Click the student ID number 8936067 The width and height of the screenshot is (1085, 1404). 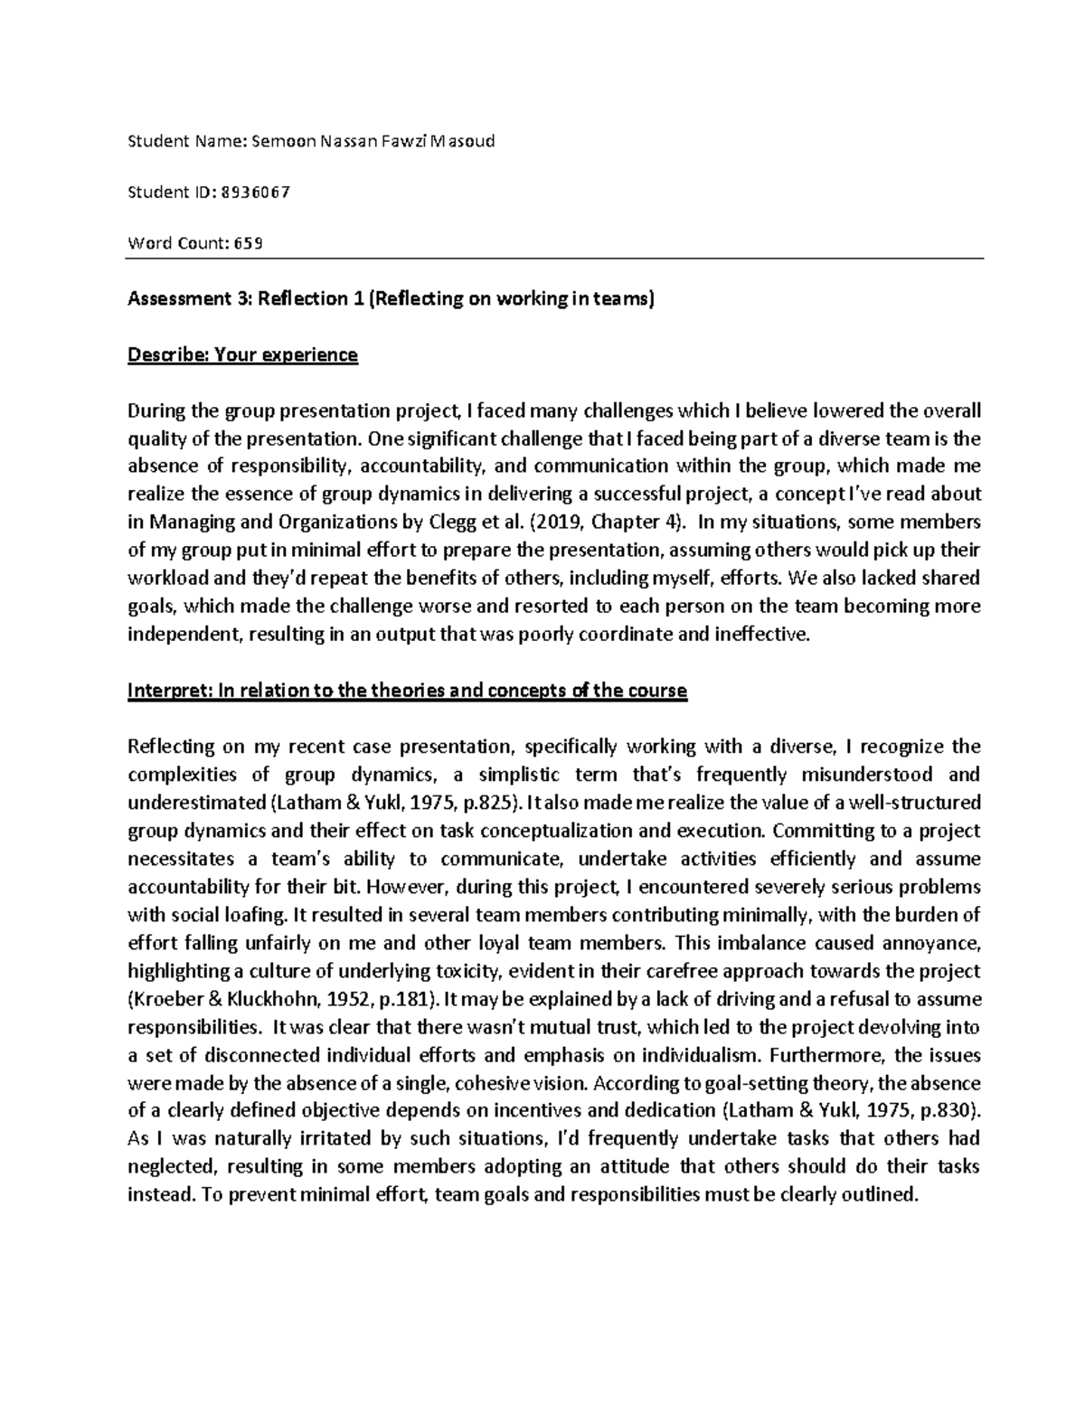[256, 192]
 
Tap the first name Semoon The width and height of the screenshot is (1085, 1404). [280, 141]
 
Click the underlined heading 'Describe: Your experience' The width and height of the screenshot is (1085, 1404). [242, 354]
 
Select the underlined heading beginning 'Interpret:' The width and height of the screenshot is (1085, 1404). [408, 691]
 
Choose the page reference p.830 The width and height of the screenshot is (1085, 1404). [950, 1110]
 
